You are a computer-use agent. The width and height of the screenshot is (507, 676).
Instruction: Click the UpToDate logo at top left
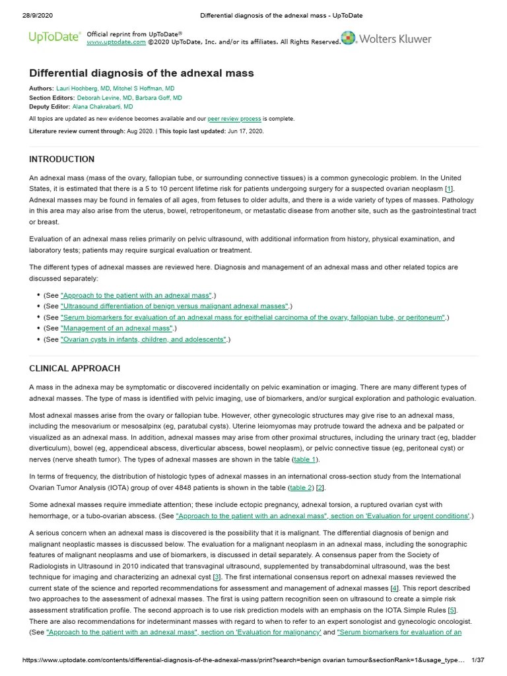tap(55, 38)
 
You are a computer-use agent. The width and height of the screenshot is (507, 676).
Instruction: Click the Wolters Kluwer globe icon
tap(349, 38)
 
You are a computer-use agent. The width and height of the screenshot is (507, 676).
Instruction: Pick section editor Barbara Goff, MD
tap(158, 98)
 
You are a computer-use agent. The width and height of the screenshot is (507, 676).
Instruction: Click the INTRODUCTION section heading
tap(61, 159)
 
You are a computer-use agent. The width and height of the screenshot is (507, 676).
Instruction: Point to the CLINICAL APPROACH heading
tap(75, 368)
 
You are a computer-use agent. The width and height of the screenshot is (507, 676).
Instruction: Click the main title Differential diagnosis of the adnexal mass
tap(141, 73)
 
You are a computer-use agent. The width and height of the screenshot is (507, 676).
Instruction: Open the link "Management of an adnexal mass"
tap(116, 328)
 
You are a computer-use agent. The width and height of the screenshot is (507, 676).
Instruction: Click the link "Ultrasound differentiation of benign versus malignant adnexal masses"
tap(174, 306)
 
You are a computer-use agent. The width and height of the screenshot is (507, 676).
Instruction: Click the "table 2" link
tap(300, 488)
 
